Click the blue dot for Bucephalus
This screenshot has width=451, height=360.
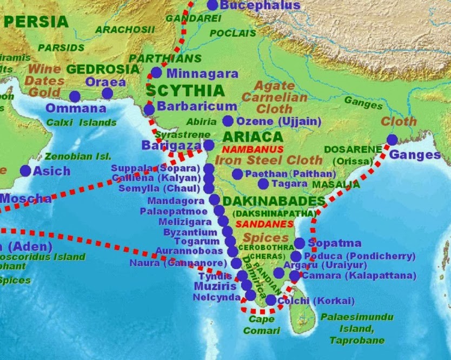click(213, 5)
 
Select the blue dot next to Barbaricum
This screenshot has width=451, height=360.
click(149, 109)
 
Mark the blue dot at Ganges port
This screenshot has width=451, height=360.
click(392, 140)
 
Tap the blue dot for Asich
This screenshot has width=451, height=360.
click(25, 171)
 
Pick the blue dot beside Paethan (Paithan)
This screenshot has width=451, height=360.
click(237, 174)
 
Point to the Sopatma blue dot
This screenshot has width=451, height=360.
click(299, 244)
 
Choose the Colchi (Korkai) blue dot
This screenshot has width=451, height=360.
click(270, 300)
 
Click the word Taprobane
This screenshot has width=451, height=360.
click(357, 341)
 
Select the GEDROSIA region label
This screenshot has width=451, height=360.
click(103, 69)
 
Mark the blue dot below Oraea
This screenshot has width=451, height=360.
click(108, 94)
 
